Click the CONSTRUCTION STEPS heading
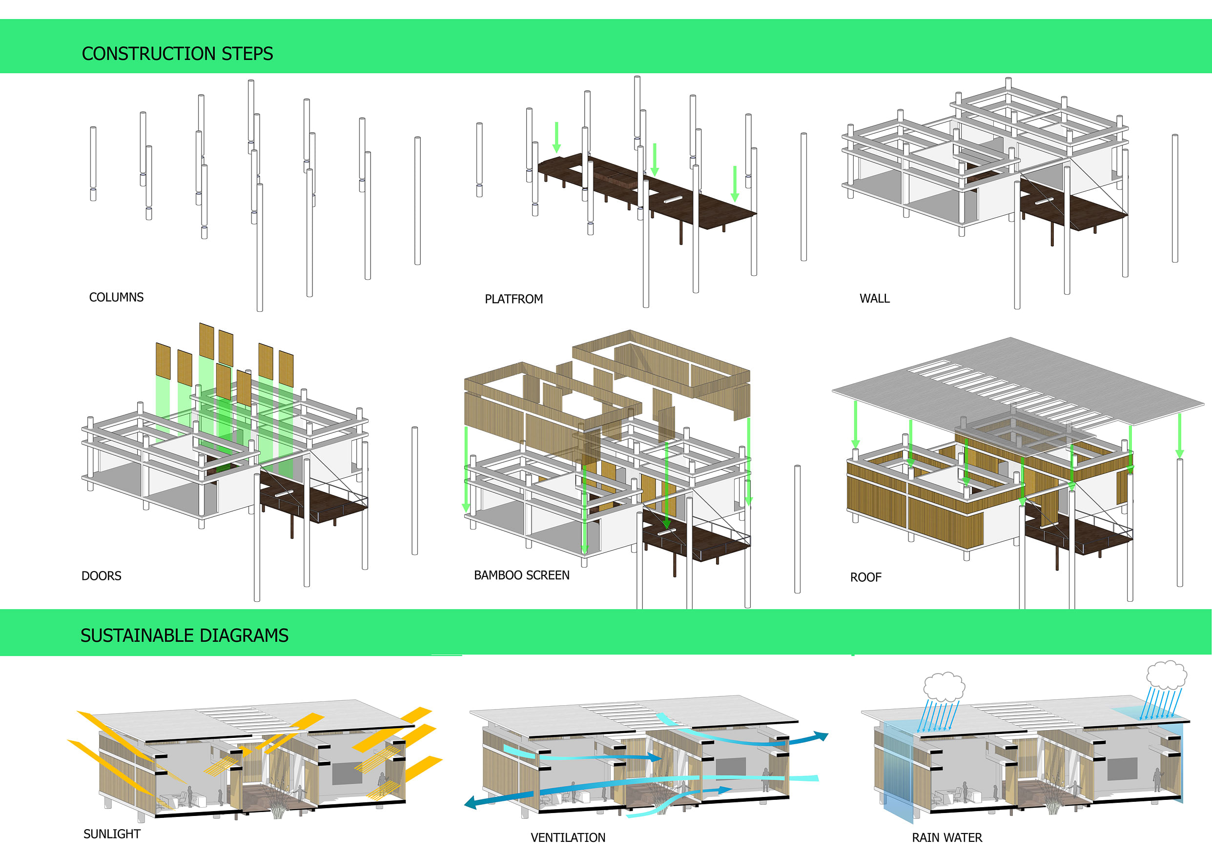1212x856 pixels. coord(177,54)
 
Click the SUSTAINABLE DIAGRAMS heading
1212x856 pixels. coord(184,635)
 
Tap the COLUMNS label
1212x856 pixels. coord(116,298)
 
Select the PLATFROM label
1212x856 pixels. coord(514,299)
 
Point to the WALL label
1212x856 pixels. coord(874,299)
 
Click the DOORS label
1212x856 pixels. coord(102,576)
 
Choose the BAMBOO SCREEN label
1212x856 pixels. coord(521,575)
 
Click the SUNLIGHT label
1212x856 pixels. coord(112,834)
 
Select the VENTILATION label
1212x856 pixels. coord(568,837)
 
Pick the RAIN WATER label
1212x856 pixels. coord(946,837)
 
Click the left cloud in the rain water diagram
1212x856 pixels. coord(944,686)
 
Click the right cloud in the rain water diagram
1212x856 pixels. coord(1167,674)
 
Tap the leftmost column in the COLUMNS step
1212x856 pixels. coord(93,163)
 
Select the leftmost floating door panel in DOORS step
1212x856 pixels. coord(163,361)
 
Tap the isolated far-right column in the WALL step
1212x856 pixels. coord(1174,198)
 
